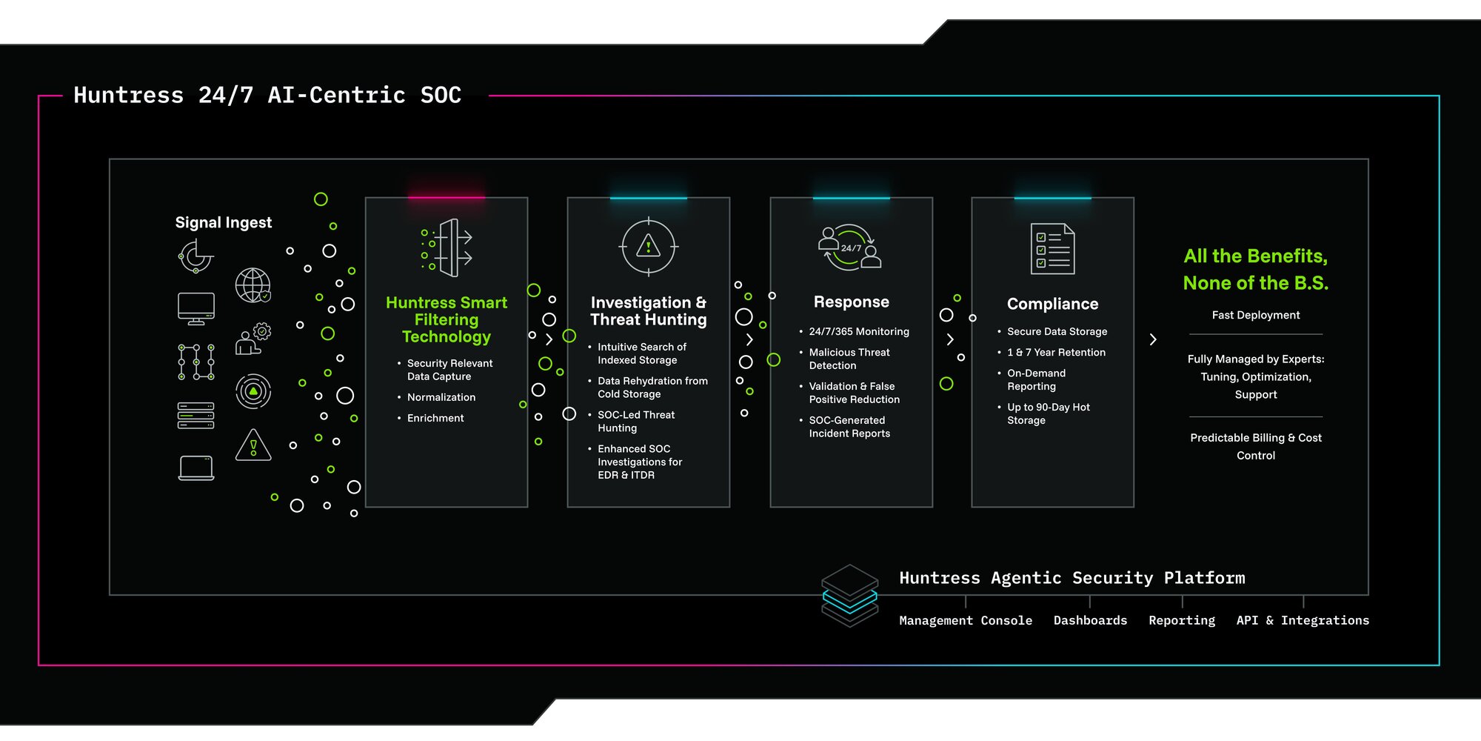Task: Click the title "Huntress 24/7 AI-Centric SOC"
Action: point(267,95)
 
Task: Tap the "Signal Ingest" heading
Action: point(224,222)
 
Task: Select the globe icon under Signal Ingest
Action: point(253,285)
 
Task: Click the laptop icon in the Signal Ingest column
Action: point(196,468)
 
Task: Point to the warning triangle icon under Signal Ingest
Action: point(253,445)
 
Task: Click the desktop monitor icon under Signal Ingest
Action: point(196,308)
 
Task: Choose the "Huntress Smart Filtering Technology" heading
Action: point(447,319)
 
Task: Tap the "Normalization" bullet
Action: point(441,397)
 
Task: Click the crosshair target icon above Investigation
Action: point(649,247)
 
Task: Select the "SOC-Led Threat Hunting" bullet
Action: point(636,421)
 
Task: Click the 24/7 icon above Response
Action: point(850,247)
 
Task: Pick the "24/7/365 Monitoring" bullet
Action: point(859,331)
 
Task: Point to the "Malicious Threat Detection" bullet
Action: point(849,359)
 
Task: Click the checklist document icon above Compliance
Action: point(1052,249)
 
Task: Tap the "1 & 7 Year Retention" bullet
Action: point(1056,352)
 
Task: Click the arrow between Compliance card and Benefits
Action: point(1153,339)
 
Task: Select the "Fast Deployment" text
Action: point(1256,315)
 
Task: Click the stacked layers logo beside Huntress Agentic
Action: point(849,596)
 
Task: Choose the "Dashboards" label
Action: point(1090,620)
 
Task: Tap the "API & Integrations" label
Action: point(1303,620)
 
